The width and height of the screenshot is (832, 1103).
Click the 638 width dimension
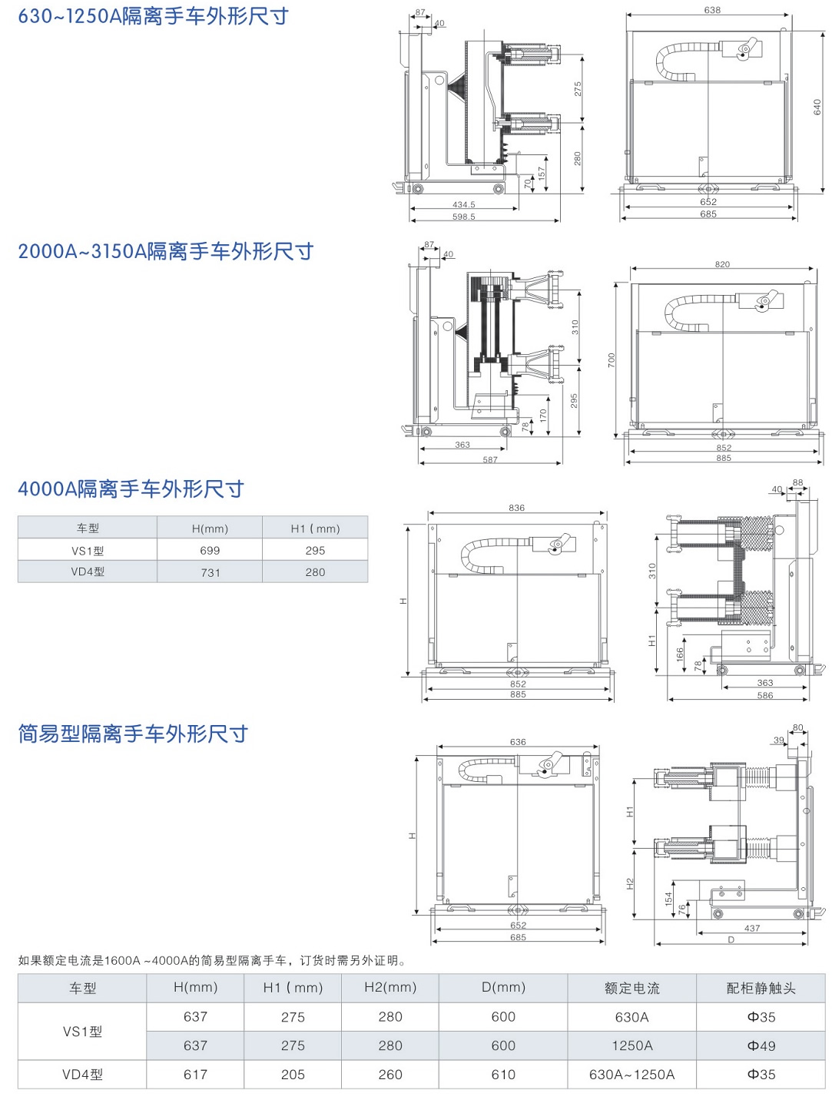pyautogui.click(x=712, y=10)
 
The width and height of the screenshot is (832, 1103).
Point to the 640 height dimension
pyautogui.click(x=817, y=108)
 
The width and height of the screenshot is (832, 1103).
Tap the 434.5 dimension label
pyautogui.click(x=463, y=205)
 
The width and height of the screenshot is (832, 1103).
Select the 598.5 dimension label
pyautogui.click(x=463, y=217)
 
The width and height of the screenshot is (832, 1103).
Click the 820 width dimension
pyautogui.click(x=722, y=264)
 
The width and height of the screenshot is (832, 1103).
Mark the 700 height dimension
pyautogui.click(x=612, y=359)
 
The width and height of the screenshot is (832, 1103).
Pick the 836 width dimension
pyautogui.click(x=516, y=508)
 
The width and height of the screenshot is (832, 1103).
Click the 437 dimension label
pyautogui.click(x=752, y=928)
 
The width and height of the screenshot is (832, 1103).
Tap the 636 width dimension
pyautogui.click(x=518, y=742)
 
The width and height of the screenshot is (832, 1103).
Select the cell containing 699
pyautogui.click(x=210, y=551)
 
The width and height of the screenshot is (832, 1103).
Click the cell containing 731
pyautogui.click(x=210, y=572)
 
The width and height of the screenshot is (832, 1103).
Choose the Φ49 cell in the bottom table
pyautogui.click(x=761, y=1045)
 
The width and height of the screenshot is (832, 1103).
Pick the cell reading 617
pyautogui.click(x=195, y=1075)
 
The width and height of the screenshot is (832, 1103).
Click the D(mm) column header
pyautogui.click(x=503, y=988)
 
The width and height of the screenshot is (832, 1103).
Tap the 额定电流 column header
pyautogui.click(x=631, y=988)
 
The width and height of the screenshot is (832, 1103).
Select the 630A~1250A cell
pyautogui.click(x=631, y=1075)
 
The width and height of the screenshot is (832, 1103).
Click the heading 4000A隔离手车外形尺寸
pyautogui.click(x=131, y=489)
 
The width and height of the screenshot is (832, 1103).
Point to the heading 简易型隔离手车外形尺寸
pyautogui.click(x=133, y=734)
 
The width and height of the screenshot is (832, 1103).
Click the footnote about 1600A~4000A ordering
pyautogui.click(x=212, y=960)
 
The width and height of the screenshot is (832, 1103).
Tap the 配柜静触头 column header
pyautogui.click(x=761, y=988)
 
